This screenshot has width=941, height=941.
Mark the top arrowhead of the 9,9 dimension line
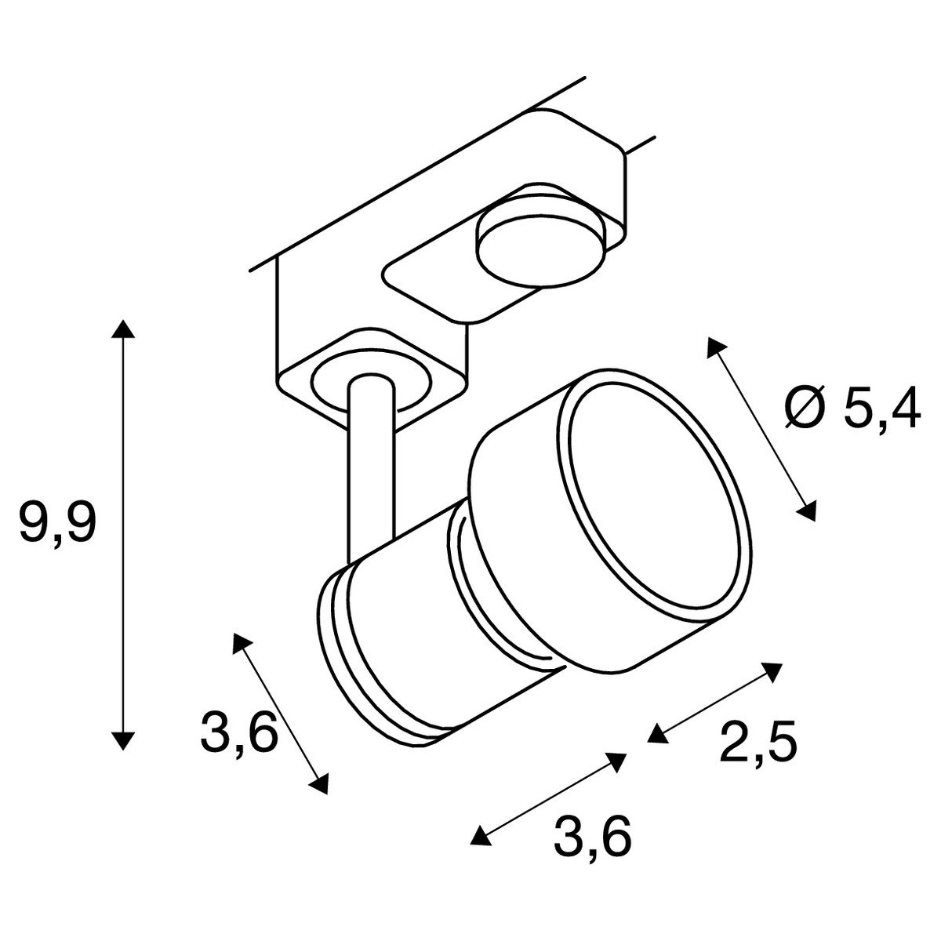point(120,329)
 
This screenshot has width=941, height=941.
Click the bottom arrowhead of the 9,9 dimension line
point(120,740)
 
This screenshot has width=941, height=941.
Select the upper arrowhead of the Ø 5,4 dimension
point(714,369)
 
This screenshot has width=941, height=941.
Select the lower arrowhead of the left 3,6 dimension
point(319,784)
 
